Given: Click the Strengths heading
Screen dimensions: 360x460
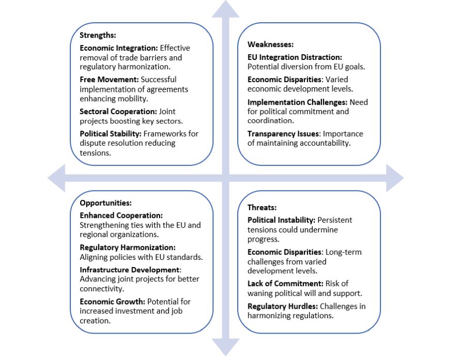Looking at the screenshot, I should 98,36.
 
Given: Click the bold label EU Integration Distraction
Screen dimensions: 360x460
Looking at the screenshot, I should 295,57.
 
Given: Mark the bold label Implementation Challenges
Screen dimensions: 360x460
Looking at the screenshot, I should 298,102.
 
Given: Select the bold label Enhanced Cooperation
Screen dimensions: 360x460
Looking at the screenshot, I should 121,215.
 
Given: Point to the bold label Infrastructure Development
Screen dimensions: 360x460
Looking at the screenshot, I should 129,270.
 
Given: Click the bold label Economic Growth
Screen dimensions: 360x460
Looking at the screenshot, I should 112,301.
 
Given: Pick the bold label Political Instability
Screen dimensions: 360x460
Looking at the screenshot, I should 281,220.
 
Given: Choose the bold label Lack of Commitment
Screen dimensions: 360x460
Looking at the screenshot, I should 285,284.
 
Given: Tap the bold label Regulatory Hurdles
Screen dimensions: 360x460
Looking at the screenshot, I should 282,306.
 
